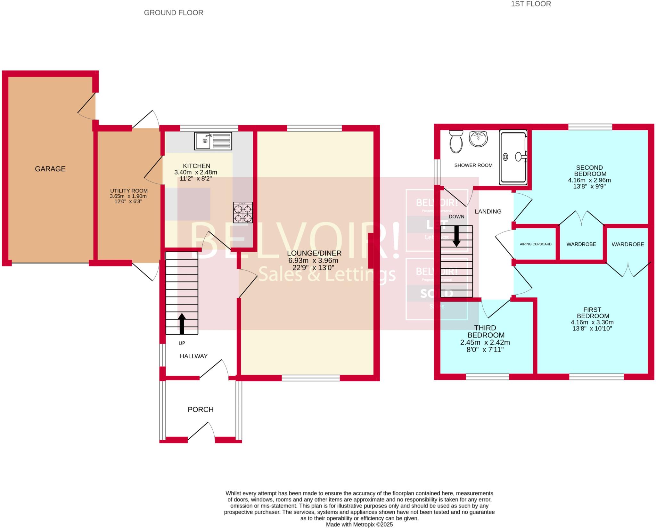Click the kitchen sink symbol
(x=213, y=141)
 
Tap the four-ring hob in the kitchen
(x=243, y=213)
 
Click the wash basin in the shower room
(x=478, y=139)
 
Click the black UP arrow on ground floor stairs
(x=182, y=323)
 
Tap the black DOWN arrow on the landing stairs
(x=456, y=236)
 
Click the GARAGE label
(x=50, y=169)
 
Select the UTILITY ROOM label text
(x=128, y=191)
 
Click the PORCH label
(x=201, y=409)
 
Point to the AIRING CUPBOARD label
(x=536, y=244)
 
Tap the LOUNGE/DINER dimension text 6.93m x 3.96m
(x=314, y=260)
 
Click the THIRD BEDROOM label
(x=486, y=331)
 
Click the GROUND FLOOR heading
(x=173, y=13)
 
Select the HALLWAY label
(x=193, y=356)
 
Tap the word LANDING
(x=488, y=211)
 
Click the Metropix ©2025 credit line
(x=359, y=524)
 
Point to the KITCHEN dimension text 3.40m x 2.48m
(x=195, y=172)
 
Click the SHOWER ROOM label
(x=473, y=165)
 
